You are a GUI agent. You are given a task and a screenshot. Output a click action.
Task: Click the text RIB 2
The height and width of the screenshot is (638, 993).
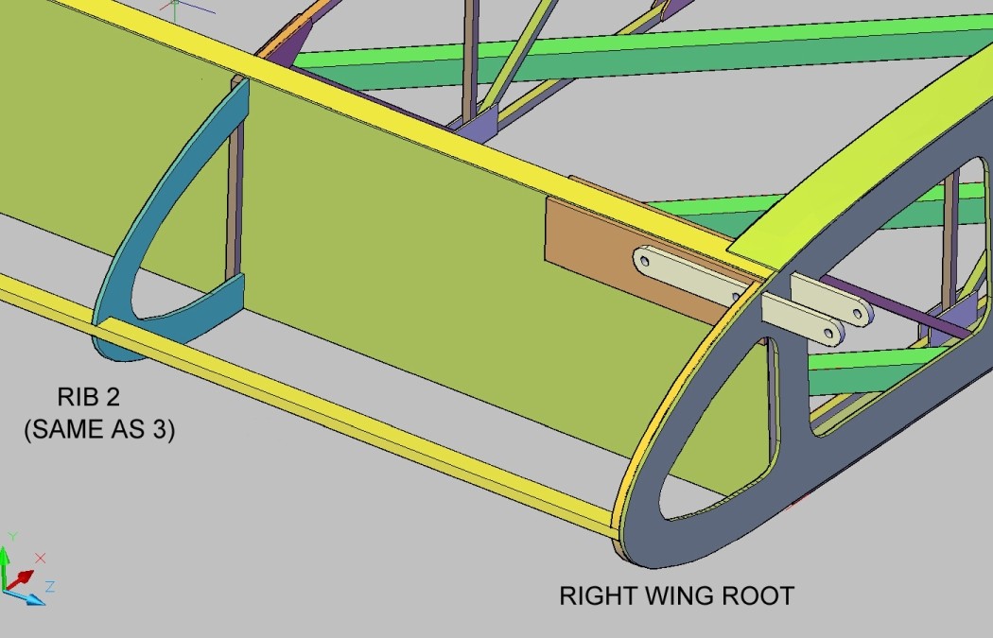[x=88, y=397]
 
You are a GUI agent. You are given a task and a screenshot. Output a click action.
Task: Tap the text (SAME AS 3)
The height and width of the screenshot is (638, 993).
[x=99, y=429]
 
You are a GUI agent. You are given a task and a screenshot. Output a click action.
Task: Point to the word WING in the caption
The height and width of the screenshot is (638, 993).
[x=680, y=596]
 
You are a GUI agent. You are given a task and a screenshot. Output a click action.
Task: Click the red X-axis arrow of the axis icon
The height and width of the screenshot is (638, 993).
[x=22, y=578]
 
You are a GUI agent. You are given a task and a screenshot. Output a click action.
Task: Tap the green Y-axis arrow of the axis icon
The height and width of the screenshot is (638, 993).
[x=5, y=565]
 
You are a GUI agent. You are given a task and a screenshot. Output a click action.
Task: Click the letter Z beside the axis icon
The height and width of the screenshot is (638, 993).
[x=49, y=587]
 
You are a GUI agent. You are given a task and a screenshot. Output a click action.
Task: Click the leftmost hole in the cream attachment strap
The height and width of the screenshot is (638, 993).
[x=645, y=260]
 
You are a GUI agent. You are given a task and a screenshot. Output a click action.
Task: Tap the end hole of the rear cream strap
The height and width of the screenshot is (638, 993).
[x=858, y=313]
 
